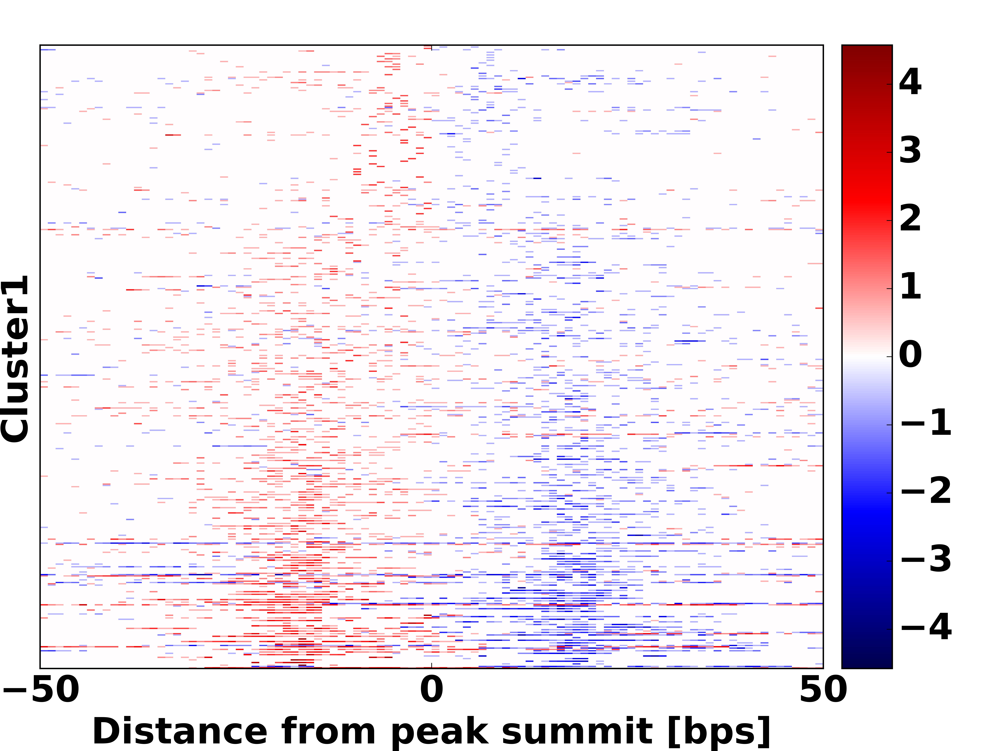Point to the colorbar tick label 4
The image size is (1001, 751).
[910, 82]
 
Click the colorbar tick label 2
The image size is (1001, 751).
[910, 219]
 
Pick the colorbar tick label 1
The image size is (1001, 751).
[910, 286]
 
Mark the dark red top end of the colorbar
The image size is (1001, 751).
[867, 50]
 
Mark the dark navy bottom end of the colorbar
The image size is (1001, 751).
[867, 663]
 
